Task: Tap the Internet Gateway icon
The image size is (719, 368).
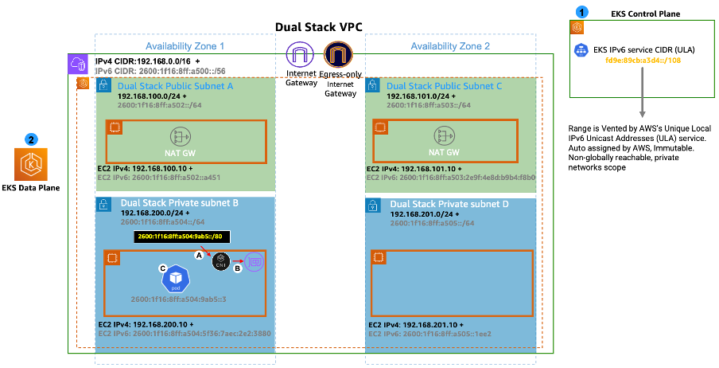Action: (x=301, y=56)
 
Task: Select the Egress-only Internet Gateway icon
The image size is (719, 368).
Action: (x=340, y=56)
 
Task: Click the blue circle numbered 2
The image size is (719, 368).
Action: (x=31, y=139)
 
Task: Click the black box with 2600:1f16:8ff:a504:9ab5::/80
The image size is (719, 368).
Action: (x=183, y=237)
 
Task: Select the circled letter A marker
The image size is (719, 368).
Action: (x=200, y=253)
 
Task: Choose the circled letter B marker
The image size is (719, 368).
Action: (x=238, y=269)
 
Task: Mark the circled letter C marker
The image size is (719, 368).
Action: (x=163, y=268)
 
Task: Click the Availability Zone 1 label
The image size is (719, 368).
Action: (x=185, y=46)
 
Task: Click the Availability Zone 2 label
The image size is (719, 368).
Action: (x=450, y=46)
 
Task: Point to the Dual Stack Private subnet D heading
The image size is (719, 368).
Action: (x=454, y=204)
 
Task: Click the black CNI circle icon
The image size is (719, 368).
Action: (x=220, y=261)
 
